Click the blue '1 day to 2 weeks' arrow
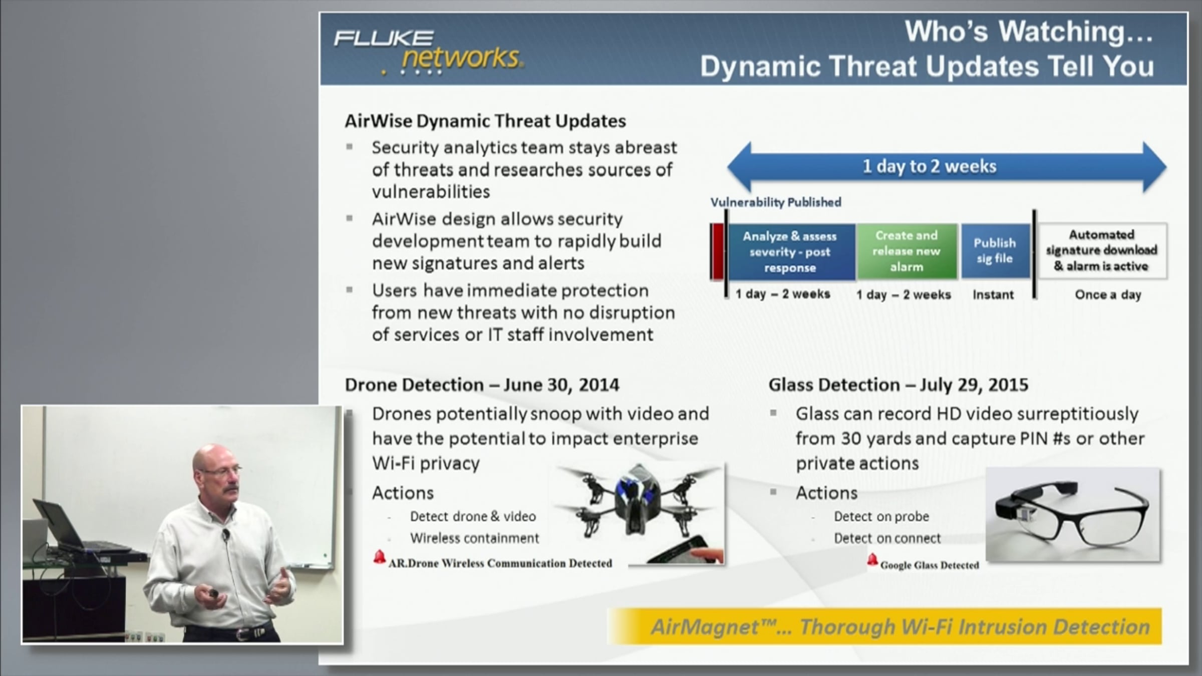click(x=947, y=167)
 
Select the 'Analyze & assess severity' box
click(x=790, y=252)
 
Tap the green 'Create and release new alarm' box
click(x=907, y=251)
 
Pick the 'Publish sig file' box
click(x=995, y=251)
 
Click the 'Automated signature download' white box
click(x=1101, y=250)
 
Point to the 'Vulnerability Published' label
click(x=776, y=202)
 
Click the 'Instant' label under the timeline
click(x=993, y=295)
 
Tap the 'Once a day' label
click(x=1108, y=295)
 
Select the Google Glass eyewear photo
click(x=1073, y=515)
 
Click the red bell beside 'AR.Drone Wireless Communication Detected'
click(x=379, y=557)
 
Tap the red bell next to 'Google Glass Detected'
click(x=872, y=559)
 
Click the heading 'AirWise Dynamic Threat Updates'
click(x=485, y=121)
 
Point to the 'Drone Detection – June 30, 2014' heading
click(x=482, y=385)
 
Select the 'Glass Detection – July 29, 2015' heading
click(x=898, y=385)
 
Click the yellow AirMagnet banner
click(x=884, y=626)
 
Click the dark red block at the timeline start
click(x=717, y=251)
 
